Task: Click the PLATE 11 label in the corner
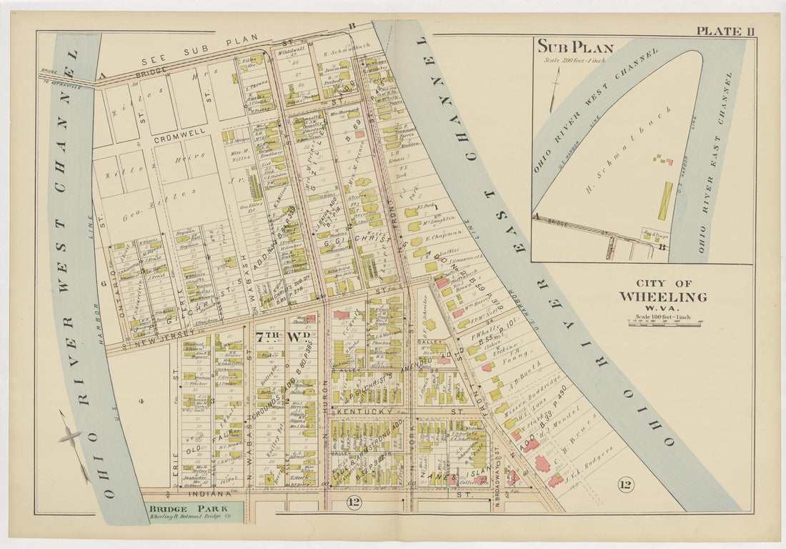(x=725, y=30)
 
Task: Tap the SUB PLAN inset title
(x=575, y=48)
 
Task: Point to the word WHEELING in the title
(x=662, y=297)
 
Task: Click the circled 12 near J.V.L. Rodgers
(x=625, y=485)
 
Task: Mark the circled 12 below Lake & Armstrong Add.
(x=354, y=503)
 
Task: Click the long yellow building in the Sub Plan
(x=665, y=201)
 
